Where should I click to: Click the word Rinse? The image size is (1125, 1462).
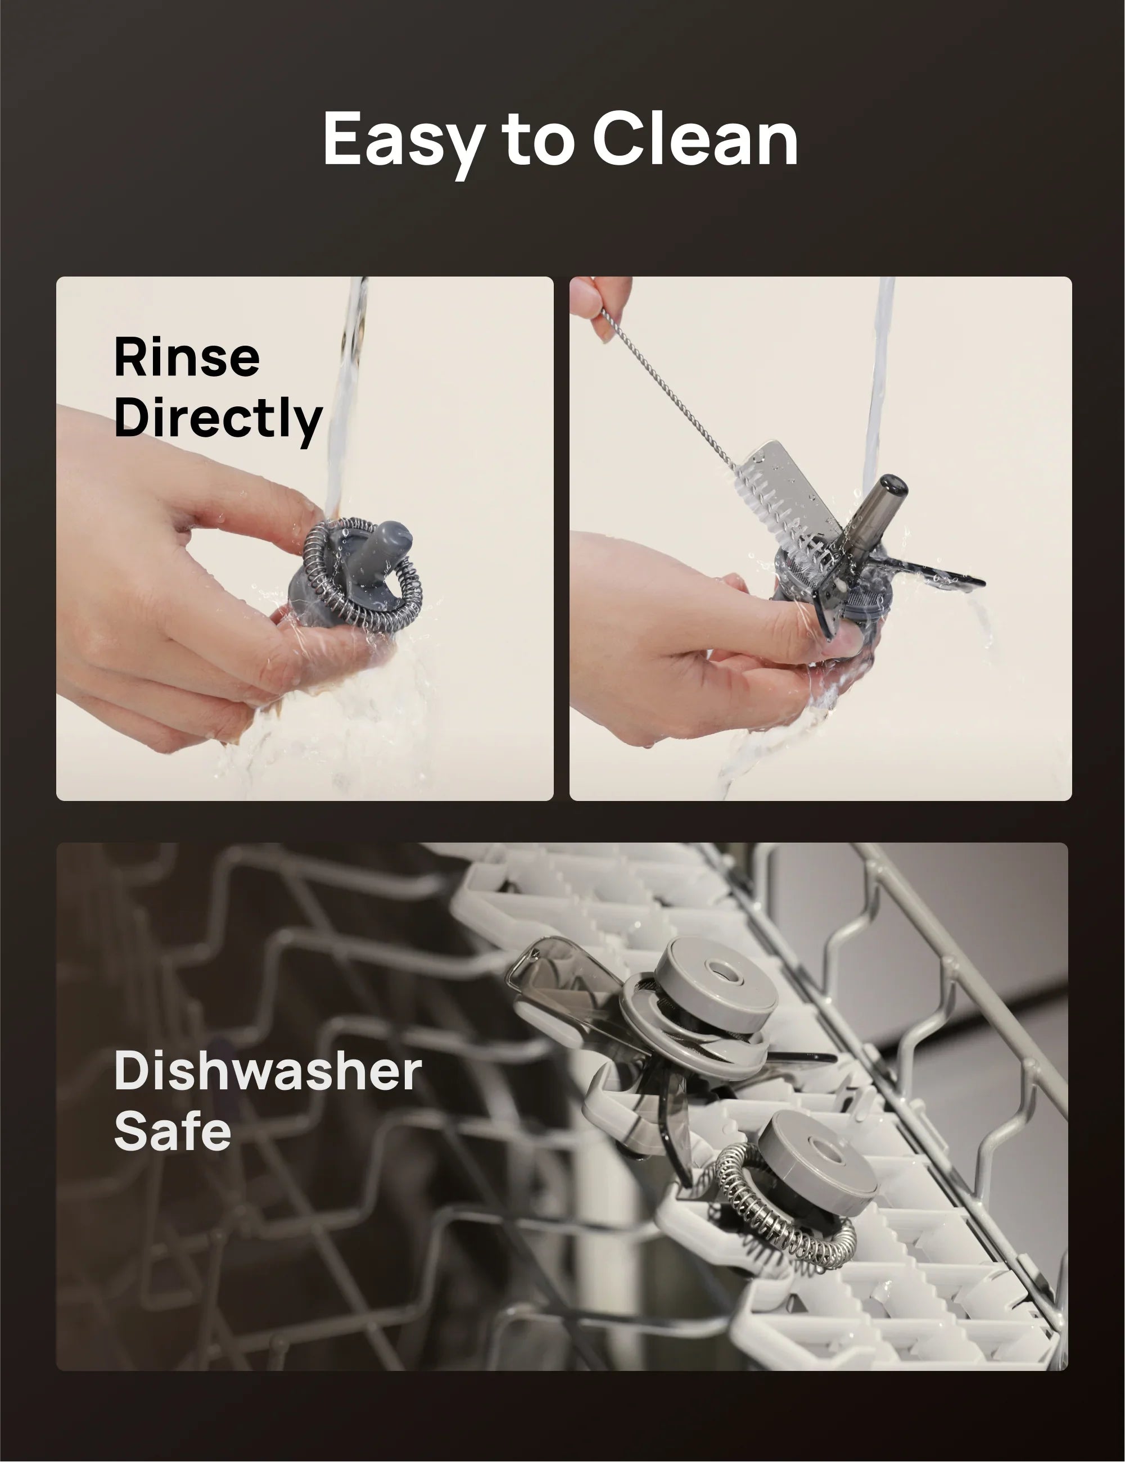pos(187,357)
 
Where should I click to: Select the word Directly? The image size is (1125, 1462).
pos(218,418)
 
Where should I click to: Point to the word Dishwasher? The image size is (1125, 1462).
pos(268,1070)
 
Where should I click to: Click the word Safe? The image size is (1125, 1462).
pos(172,1130)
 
